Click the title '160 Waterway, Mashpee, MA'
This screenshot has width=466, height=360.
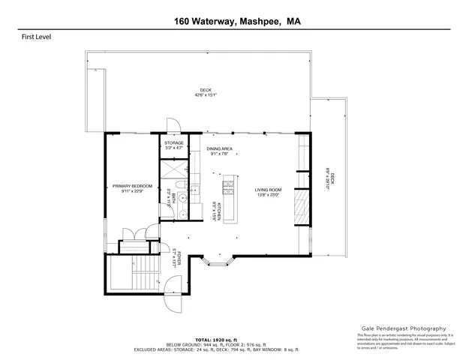233,22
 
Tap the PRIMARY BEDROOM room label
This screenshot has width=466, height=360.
132,186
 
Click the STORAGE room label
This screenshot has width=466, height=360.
174,143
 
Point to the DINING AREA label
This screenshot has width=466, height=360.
220,149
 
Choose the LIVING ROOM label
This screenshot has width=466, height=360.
266,190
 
